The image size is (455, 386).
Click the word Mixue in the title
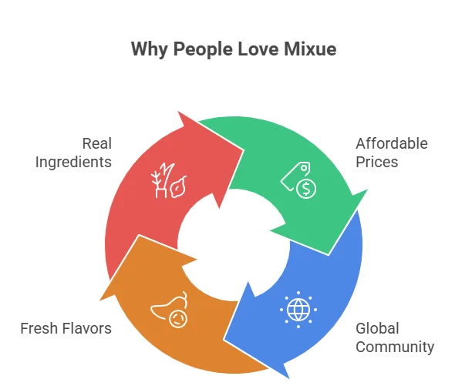[310, 49]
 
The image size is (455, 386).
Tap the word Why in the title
[149, 49]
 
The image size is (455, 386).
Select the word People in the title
[203, 49]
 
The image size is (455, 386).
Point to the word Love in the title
[258, 49]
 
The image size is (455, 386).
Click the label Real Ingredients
[73, 153]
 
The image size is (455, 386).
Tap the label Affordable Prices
[392, 153]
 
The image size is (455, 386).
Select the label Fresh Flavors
[66, 328]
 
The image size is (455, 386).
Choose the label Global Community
[395, 338]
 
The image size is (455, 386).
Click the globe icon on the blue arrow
[298, 310]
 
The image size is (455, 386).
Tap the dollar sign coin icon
[306, 189]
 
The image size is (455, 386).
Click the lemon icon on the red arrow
[177, 186]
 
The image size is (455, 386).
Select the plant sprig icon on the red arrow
[163, 180]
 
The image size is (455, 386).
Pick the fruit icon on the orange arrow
[169, 310]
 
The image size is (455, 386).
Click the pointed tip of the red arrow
[178, 111]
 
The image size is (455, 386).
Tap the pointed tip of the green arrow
[368, 190]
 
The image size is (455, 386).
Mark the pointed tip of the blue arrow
[289, 378]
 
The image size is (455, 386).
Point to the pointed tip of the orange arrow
[99, 300]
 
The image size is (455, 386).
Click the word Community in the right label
[395, 347]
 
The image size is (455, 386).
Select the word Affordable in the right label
[392, 143]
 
